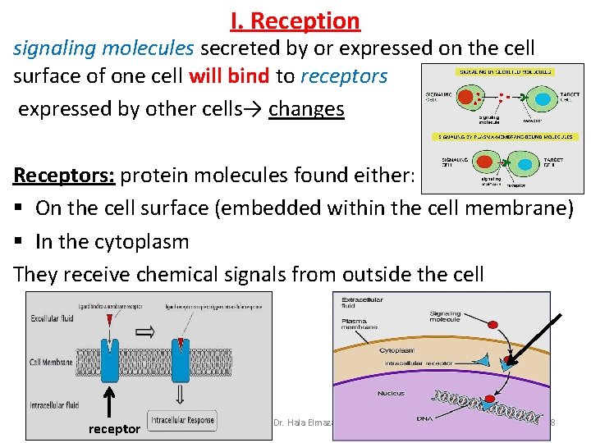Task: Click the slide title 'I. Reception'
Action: [295, 21]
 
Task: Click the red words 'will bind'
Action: [229, 76]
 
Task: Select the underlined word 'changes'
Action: [306, 108]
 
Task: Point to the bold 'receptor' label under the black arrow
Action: [114, 429]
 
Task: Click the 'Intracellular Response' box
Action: [183, 420]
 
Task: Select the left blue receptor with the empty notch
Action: [109, 359]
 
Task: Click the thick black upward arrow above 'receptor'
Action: [110, 403]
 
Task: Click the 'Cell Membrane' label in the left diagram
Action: [51, 362]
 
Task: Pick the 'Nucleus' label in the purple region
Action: [391, 394]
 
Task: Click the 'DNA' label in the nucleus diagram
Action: [424, 418]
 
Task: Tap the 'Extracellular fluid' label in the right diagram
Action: [362, 304]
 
